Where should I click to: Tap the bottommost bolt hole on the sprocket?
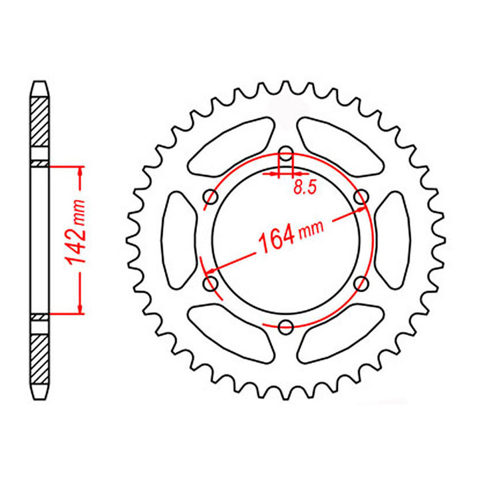point(286,327)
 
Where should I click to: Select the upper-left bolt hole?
point(212,197)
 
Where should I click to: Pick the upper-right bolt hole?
point(361,197)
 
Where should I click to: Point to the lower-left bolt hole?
point(212,285)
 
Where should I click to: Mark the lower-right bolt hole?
point(361,285)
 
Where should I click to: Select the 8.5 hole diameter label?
point(303,188)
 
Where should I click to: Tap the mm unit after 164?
point(311,228)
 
